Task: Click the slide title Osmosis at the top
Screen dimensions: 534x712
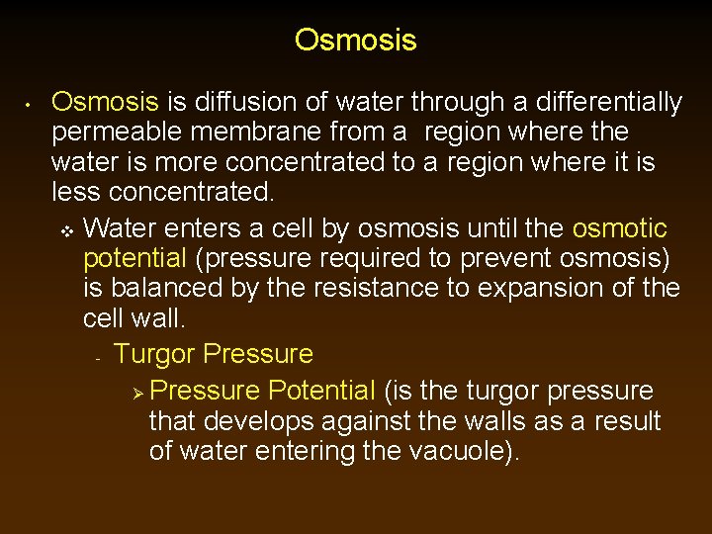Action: [x=355, y=41]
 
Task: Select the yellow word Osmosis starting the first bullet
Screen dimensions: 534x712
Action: [x=105, y=102]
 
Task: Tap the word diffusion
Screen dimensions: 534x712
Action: [x=240, y=102]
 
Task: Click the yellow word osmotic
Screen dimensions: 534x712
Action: [x=620, y=228]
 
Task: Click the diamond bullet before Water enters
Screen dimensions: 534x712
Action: [x=67, y=230]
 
